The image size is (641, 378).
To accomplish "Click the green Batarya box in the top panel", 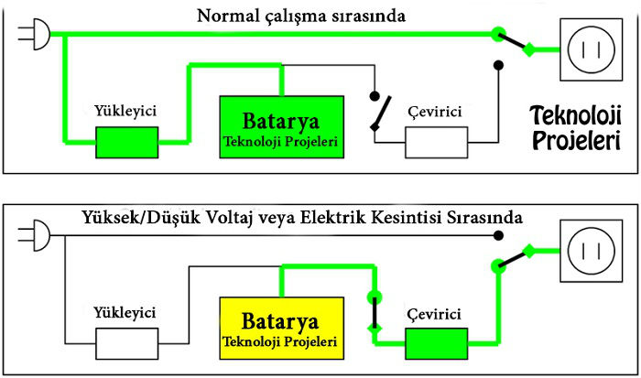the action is coord(282,127).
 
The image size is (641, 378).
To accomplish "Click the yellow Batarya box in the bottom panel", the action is coord(282,329).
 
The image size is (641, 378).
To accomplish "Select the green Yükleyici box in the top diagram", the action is coord(127,143).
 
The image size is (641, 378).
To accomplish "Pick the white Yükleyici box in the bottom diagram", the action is coord(127,344).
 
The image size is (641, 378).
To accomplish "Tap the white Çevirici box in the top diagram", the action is coord(437,143).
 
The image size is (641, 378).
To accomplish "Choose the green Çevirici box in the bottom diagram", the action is coord(437,344).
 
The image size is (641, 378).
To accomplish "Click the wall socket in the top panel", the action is coord(592,49).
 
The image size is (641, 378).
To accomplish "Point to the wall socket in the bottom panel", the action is coord(592,251).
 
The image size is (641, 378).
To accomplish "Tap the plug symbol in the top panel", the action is coord(35,34).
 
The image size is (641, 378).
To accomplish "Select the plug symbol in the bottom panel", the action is coord(35,235).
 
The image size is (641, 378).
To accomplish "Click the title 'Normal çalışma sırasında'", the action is coord(301,16).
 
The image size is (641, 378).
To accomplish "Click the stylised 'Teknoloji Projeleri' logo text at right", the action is coord(576,127).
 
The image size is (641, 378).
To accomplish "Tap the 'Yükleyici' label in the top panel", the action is coord(125,111).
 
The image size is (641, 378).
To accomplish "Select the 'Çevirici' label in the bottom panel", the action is coord(434,314).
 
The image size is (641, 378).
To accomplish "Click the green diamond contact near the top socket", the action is coord(529,49).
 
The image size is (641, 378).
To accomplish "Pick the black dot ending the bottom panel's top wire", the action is coord(498,235).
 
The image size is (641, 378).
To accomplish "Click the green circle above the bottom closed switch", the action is coord(375,297).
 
